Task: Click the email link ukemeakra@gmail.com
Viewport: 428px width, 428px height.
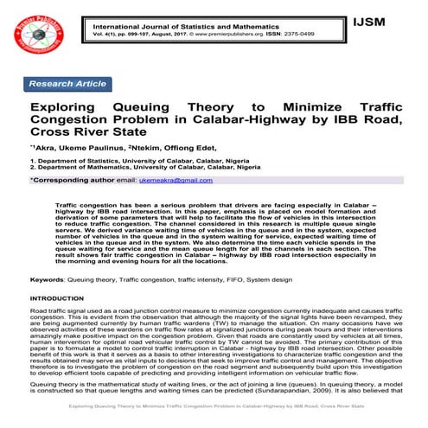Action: pos(176,180)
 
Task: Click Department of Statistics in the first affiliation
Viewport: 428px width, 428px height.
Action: pos(77,161)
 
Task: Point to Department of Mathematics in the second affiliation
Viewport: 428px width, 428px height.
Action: pos(82,168)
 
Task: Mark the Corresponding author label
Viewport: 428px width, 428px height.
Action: pos(73,180)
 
